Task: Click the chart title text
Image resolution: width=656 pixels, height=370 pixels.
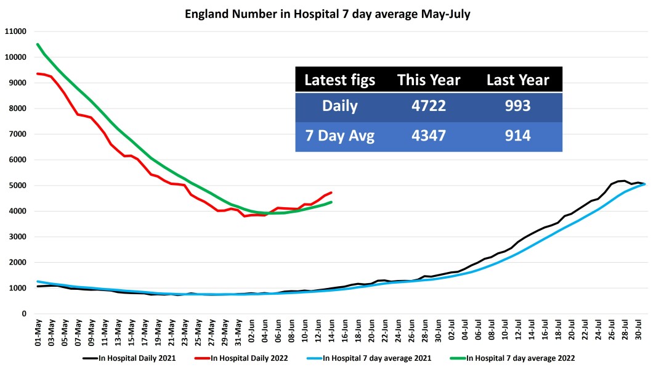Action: tap(328, 14)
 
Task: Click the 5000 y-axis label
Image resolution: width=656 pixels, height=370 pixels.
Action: tap(17, 186)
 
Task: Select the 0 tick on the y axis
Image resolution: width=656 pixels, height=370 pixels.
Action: tap(24, 314)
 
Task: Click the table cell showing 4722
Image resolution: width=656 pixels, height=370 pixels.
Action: tap(429, 106)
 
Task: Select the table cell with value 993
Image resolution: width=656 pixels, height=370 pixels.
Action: tap(517, 106)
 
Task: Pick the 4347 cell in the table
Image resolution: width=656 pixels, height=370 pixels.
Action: tap(429, 136)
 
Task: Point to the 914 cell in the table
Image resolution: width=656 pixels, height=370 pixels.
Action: tap(517, 136)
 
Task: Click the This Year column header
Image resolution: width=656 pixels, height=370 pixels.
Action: tap(429, 80)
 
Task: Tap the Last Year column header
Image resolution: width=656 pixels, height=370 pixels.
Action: tap(517, 80)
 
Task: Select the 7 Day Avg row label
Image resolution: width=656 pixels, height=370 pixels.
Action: tap(340, 136)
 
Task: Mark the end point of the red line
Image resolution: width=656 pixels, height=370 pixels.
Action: tap(331, 192)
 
